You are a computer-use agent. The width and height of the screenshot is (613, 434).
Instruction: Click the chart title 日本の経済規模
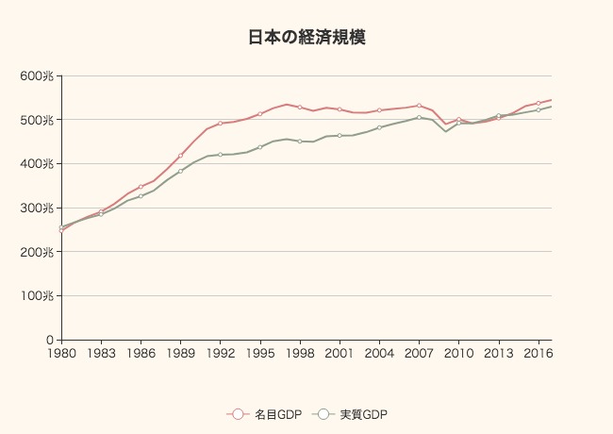[x=306, y=38]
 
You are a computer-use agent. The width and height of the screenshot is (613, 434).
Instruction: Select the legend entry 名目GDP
[x=265, y=414]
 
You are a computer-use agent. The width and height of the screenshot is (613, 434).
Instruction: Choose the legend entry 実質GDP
[x=352, y=414]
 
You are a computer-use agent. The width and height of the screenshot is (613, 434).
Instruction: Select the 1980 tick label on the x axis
[x=61, y=354]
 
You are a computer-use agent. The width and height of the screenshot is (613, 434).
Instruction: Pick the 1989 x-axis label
[x=180, y=354]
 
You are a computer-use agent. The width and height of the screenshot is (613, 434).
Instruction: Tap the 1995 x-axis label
[x=259, y=354]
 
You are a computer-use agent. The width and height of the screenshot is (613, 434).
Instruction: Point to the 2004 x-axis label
[x=379, y=354]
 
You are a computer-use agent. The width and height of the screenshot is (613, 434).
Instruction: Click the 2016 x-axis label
[x=538, y=354]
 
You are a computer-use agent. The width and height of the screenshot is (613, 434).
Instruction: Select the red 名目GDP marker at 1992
[x=220, y=124]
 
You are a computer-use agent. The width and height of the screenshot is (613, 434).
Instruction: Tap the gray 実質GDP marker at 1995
[x=259, y=147]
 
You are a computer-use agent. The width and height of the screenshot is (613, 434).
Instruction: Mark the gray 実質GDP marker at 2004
[x=379, y=127]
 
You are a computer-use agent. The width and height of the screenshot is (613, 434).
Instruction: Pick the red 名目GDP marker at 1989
[x=180, y=156]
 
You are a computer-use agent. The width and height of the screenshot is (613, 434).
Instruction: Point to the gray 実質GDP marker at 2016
[x=538, y=110]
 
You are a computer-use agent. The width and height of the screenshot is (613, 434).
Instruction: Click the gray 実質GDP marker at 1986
[x=141, y=196]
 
